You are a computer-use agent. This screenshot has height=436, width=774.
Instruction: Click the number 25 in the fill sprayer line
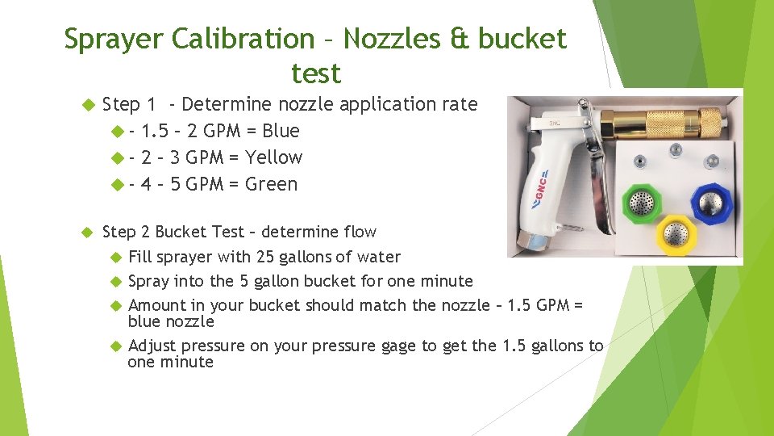pyautogui.click(x=267, y=257)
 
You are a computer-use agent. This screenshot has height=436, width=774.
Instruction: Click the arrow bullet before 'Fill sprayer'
pyautogui.click(x=114, y=257)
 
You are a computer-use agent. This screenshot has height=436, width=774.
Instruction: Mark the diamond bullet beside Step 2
pyautogui.click(x=89, y=233)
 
